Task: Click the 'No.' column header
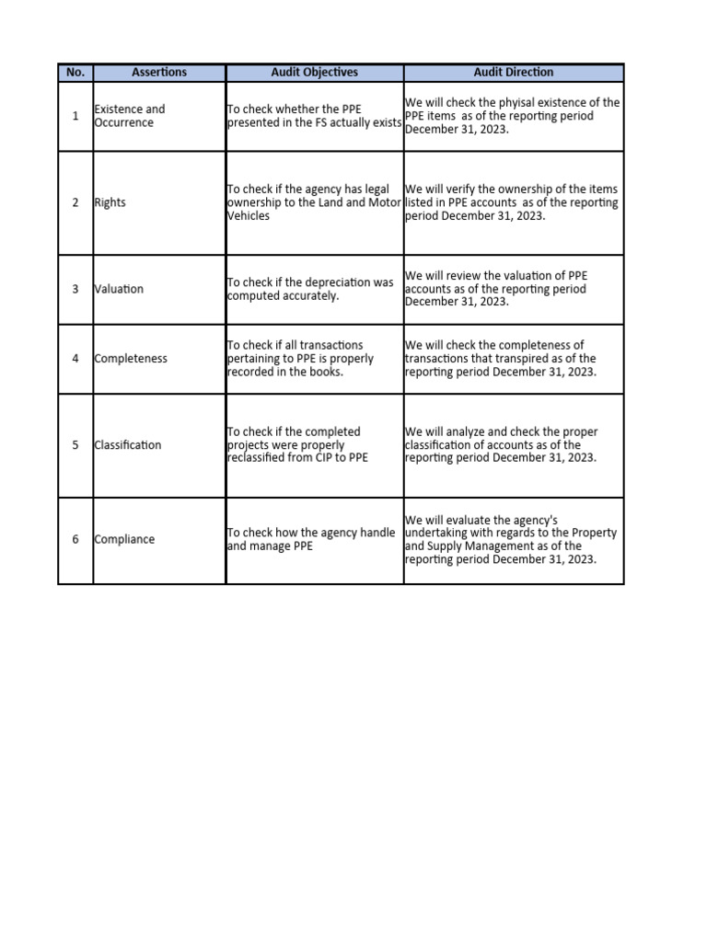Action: (x=75, y=73)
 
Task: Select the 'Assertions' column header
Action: (x=159, y=73)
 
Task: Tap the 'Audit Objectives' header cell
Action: (x=315, y=73)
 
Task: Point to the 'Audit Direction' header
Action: (x=514, y=73)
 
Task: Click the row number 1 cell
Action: (x=75, y=116)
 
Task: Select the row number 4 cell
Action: (x=75, y=359)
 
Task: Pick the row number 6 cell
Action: (x=75, y=540)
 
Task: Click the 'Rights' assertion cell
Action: (x=110, y=203)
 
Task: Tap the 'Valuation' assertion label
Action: (x=120, y=289)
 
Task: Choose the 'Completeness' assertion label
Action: (x=131, y=359)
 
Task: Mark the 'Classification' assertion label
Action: (x=128, y=445)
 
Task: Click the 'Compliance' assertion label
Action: (x=125, y=540)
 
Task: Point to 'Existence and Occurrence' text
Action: (x=130, y=116)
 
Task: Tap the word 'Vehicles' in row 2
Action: (x=249, y=216)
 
